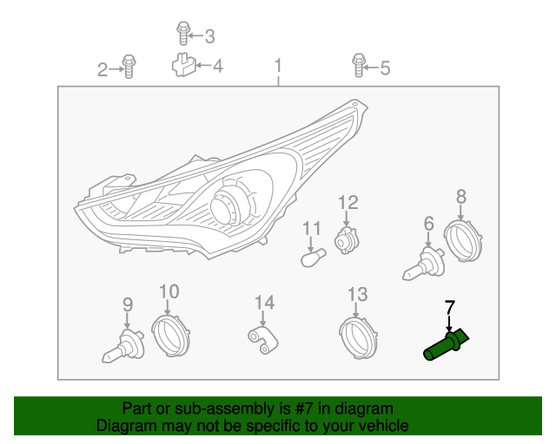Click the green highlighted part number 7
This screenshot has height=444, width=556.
pyautogui.click(x=446, y=345)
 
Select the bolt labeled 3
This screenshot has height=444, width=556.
pyautogui.click(x=183, y=34)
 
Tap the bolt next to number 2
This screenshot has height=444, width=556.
pyautogui.click(x=129, y=67)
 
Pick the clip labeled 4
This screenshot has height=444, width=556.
pyautogui.click(x=183, y=65)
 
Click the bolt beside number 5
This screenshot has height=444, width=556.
pyautogui.click(x=359, y=66)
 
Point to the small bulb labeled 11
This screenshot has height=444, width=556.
pyautogui.click(x=314, y=258)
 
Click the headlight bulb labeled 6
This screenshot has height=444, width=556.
pyautogui.click(x=424, y=264)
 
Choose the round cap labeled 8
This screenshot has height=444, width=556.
pyautogui.click(x=463, y=240)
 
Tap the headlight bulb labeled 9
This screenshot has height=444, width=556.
pyautogui.click(x=123, y=346)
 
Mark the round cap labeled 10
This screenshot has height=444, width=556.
pyautogui.click(x=170, y=336)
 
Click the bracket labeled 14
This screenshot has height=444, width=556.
pyautogui.click(x=262, y=340)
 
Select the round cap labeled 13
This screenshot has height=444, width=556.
pyautogui.click(x=358, y=338)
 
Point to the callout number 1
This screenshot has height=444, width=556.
pyautogui.click(x=278, y=66)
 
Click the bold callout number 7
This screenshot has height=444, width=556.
pyautogui.click(x=450, y=307)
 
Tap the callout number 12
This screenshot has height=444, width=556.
pyautogui.click(x=348, y=203)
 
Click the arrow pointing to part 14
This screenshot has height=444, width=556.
pyautogui.click(x=262, y=318)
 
